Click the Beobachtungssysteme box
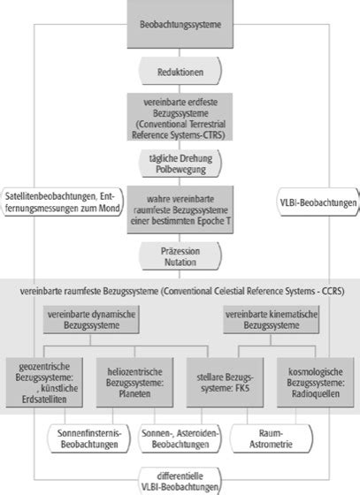[180, 24]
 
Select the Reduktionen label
[180, 72]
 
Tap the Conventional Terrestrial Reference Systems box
[180, 117]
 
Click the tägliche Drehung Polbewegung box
[180, 164]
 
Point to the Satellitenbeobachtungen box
[63, 202]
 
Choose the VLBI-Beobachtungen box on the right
[318, 202]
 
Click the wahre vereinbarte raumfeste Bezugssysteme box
[180, 209]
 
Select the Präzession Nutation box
[180, 256]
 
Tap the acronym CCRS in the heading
[332, 291]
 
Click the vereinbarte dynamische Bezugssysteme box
[91, 319]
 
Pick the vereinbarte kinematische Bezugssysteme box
[272, 319]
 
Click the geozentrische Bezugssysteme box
[44, 382]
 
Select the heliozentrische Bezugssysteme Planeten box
[134, 382]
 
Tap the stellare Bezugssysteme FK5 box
[225, 382]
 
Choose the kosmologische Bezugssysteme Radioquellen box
[316, 382]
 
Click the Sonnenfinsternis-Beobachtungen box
[89, 438]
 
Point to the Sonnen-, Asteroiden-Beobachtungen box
[180, 438]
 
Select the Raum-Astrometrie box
[271, 438]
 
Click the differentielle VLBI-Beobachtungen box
[180, 481]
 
